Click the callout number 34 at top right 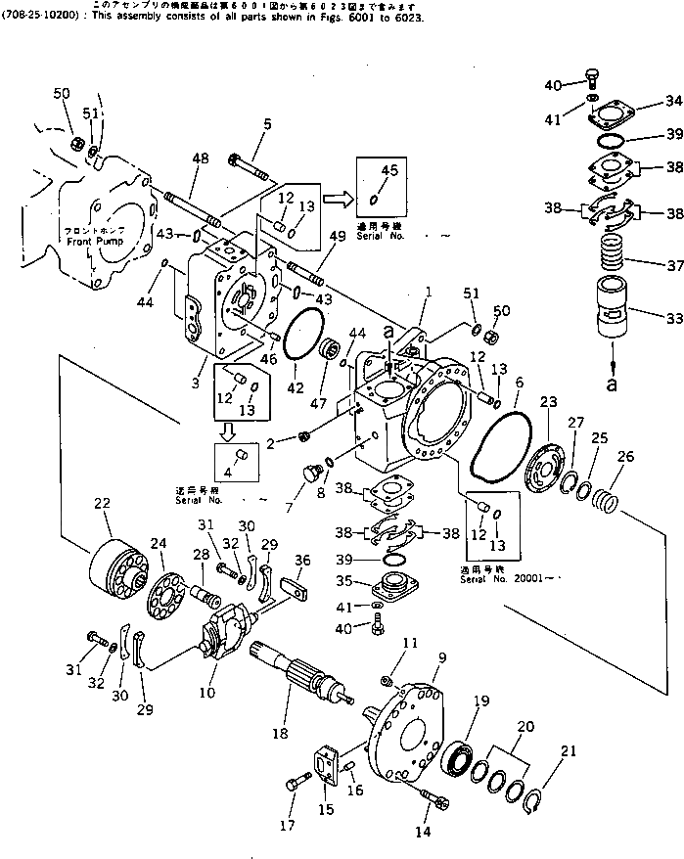672,101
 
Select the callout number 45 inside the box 389,171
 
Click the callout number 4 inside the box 230,471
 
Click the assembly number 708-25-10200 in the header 37,18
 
